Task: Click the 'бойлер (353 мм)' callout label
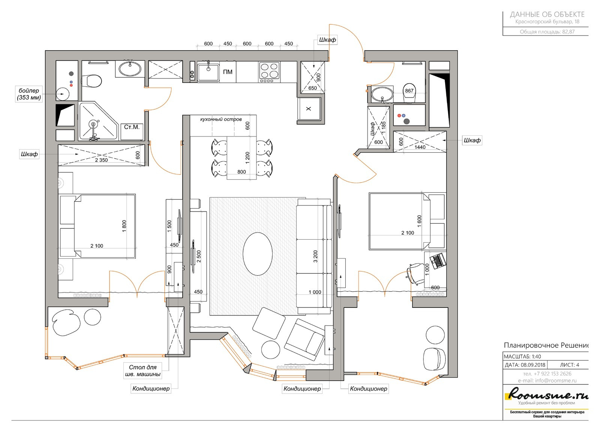click(x=28, y=94)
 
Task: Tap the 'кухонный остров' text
click(x=221, y=119)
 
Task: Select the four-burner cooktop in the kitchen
click(x=269, y=72)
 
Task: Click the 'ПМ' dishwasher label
click(x=227, y=72)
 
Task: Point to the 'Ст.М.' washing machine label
click(x=132, y=127)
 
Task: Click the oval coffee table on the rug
click(x=258, y=254)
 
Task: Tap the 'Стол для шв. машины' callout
click(x=142, y=370)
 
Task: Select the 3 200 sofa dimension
click(x=315, y=256)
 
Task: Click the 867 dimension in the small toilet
click(x=409, y=91)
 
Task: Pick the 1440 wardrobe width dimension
click(x=420, y=147)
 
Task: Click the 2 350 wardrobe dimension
click(x=101, y=160)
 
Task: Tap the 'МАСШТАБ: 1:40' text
click(x=522, y=357)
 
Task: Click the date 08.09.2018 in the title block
click(x=533, y=365)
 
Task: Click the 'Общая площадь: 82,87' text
click(x=547, y=31)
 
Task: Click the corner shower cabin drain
click(x=93, y=124)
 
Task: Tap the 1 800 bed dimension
click(x=124, y=226)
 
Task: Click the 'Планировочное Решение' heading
click(x=546, y=345)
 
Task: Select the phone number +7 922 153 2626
click(x=547, y=373)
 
